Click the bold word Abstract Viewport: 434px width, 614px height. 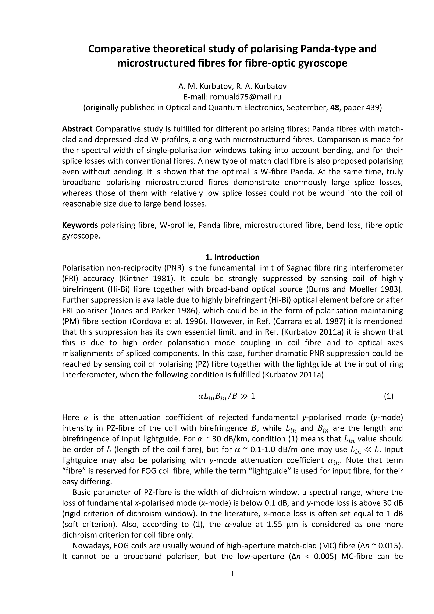tap(77, 129)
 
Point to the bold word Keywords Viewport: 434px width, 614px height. tap(80, 225)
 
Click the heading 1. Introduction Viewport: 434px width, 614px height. tap(232, 257)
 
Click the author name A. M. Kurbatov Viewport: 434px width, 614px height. tap(204, 86)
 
